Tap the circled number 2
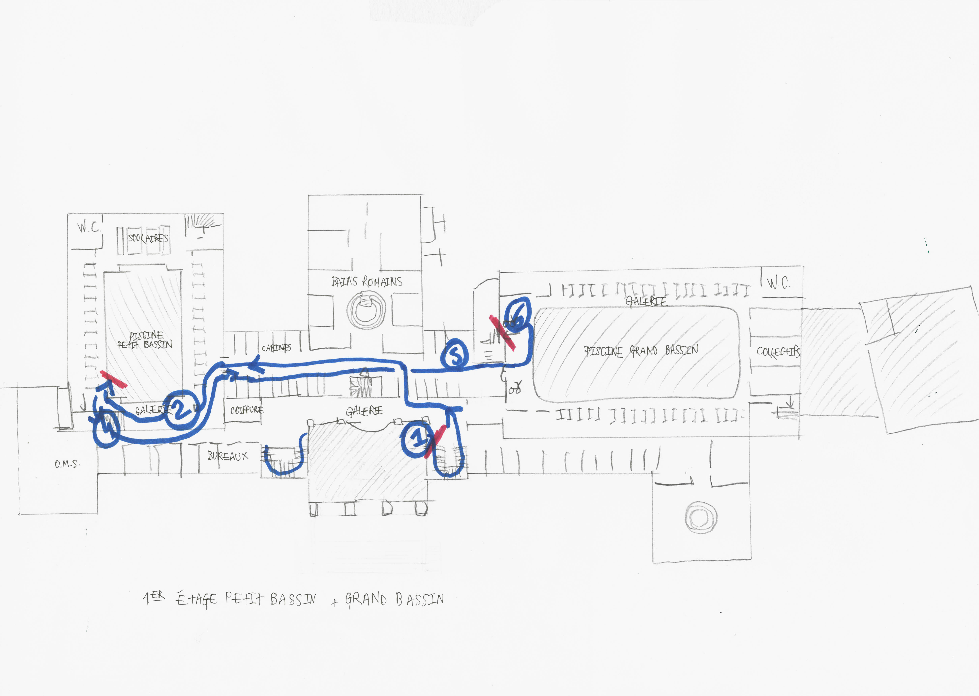pos(181,409)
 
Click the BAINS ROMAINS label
pos(367,282)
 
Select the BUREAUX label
pos(228,456)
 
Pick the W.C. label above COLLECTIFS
pos(778,283)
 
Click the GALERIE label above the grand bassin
pos(646,301)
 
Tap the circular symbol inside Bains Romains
pos(366,310)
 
